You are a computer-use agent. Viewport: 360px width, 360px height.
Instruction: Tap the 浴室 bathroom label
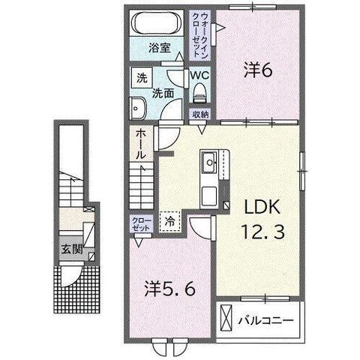tap(160, 48)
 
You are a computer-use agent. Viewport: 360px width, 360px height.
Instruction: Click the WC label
tap(199, 75)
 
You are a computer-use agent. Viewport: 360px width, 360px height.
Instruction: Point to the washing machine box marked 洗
tap(142, 78)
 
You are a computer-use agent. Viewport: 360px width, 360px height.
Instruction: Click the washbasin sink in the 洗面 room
tap(137, 108)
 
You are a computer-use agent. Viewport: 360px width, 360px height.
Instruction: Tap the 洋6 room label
tap(258, 70)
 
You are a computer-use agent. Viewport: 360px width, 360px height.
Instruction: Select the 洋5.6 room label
tap(169, 289)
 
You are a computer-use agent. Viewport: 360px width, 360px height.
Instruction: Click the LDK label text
tap(262, 207)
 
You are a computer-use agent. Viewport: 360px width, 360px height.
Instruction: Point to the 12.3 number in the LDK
tap(262, 232)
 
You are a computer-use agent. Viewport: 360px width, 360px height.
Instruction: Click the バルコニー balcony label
tap(265, 320)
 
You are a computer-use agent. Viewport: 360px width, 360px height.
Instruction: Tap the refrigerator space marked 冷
tap(169, 221)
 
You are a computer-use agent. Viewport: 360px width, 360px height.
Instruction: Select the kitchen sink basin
tap(209, 162)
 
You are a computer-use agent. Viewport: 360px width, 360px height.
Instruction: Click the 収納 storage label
tap(200, 115)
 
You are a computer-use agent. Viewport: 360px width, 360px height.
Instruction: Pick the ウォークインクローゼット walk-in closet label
tap(200, 34)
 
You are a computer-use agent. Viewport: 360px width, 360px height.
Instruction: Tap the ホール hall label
tap(140, 145)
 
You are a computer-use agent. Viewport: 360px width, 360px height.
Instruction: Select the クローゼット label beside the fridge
tap(142, 224)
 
